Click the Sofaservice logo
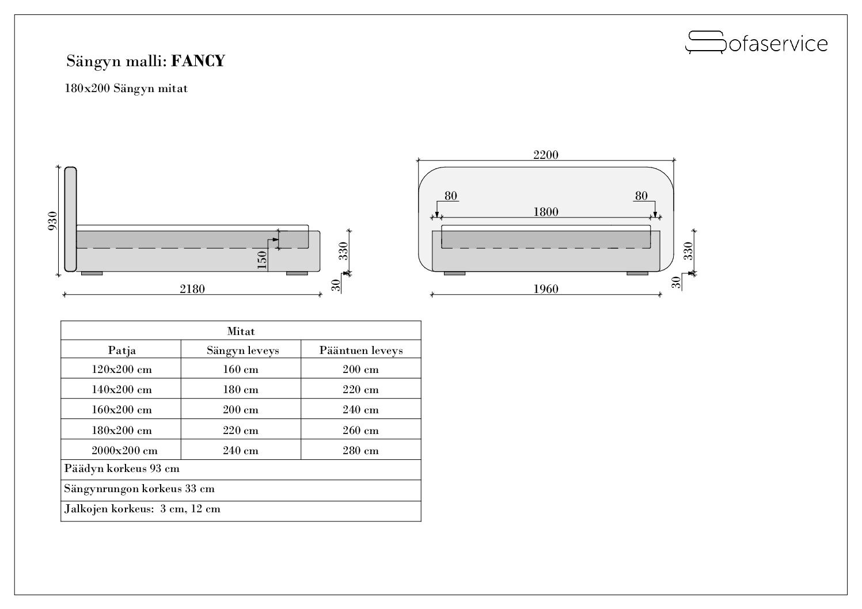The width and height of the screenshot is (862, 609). click(x=756, y=43)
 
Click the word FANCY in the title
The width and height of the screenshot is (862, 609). click(x=198, y=61)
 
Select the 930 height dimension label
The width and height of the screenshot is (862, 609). click(x=52, y=221)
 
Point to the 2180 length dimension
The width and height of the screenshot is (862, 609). click(x=192, y=289)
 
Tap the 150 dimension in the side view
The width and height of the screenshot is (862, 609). click(x=262, y=260)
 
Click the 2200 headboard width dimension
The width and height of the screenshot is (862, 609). click(x=545, y=155)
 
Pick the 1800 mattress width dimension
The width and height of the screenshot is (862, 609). click(x=545, y=212)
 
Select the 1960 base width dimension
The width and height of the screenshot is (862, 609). click(x=545, y=289)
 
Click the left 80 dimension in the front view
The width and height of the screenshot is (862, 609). click(x=451, y=196)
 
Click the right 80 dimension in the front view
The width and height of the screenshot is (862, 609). click(x=641, y=196)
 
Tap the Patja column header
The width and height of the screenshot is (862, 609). click(x=122, y=350)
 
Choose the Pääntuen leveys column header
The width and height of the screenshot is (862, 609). click(x=361, y=350)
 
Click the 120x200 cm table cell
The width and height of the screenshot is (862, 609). click(x=122, y=369)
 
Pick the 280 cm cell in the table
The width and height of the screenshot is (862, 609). click(x=361, y=450)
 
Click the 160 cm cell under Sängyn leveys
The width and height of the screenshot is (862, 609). click(x=241, y=369)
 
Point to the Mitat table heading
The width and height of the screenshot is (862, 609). click(x=241, y=331)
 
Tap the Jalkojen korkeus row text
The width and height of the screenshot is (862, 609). click(x=142, y=509)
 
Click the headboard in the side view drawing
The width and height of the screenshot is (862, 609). click(x=70, y=219)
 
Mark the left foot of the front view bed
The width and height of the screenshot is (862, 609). click(x=454, y=273)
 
